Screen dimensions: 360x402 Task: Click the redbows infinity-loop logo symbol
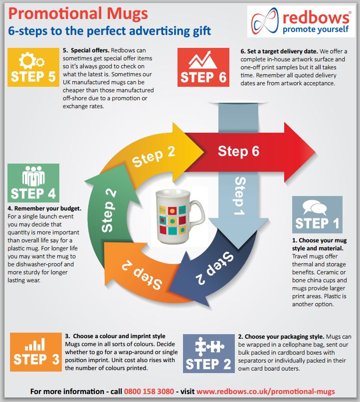(x=265, y=21)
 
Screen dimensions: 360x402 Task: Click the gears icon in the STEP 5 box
(x=32, y=60)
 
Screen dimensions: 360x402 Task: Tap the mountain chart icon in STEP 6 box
(x=202, y=59)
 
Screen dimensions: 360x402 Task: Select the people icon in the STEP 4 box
(x=33, y=176)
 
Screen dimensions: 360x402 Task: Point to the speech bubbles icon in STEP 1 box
(x=315, y=207)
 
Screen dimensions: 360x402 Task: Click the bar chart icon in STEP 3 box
(x=35, y=344)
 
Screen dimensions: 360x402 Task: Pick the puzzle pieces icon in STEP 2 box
(x=209, y=347)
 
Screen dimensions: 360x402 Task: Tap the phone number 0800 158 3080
(x=149, y=392)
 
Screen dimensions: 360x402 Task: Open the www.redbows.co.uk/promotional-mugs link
(x=265, y=392)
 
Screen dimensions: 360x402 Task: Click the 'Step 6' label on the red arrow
(x=238, y=151)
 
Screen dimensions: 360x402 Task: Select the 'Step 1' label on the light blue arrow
(x=240, y=196)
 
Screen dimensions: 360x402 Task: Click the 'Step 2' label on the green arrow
(x=108, y=211)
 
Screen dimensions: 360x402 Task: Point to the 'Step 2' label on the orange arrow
(x=142, y=275)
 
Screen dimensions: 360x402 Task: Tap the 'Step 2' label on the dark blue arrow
(x=215, y=268)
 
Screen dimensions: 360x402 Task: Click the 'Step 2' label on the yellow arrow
(x=154, y=157)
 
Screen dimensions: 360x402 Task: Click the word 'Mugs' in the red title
(x=127, y=14)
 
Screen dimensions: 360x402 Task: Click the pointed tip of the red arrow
(x=316, y=152)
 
